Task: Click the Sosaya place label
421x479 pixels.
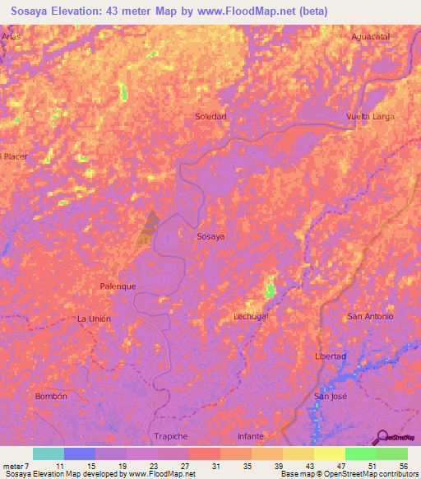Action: [x=210, y=236]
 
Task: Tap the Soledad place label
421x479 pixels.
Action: [x=210, y=117]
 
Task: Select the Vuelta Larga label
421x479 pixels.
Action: [x=370, y=117]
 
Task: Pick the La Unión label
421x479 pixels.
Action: [x=93, y=319]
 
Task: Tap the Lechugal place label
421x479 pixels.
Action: [x=252, y=316]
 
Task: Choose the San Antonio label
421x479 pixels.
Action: [x=370, y=316]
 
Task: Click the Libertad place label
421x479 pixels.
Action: [x=331, y=356]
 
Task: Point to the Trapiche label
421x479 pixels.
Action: [x=171, y=435]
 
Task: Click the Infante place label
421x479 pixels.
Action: [x=251, y=435]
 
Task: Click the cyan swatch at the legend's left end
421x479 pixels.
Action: [x=48, y=453]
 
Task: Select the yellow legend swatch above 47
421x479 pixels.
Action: [x=329, y=453]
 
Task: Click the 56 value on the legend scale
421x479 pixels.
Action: [x=402, y=465]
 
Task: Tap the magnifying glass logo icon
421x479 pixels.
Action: [x=382, y=436]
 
